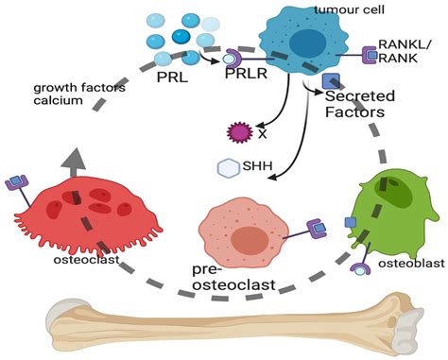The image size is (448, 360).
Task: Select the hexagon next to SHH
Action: point(228,168)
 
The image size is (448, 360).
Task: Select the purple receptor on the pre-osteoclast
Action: point(314,227)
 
